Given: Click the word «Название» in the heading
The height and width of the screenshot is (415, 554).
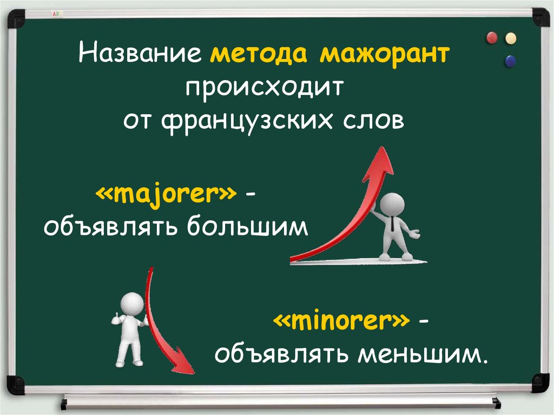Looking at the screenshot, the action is pos(140,53).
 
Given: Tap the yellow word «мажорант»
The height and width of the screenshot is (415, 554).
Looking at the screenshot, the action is pos(385,54).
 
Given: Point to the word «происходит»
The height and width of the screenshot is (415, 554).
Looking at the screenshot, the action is pos(265,88).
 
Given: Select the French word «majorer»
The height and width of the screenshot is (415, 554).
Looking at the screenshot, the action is pos(166,194).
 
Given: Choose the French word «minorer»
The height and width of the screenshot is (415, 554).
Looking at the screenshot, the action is pos(342,320).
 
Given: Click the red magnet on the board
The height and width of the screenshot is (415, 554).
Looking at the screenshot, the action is pos(492,37).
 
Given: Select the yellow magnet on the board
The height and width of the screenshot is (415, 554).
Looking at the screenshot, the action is pos(511,38).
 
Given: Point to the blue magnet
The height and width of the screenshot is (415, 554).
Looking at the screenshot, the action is pos(510,61).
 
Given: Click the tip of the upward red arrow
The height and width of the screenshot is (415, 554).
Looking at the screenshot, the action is pos(381,147).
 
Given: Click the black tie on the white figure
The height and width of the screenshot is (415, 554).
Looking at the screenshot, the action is pos(393,224).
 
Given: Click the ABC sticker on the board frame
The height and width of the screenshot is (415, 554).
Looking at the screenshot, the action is pos(57,14).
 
